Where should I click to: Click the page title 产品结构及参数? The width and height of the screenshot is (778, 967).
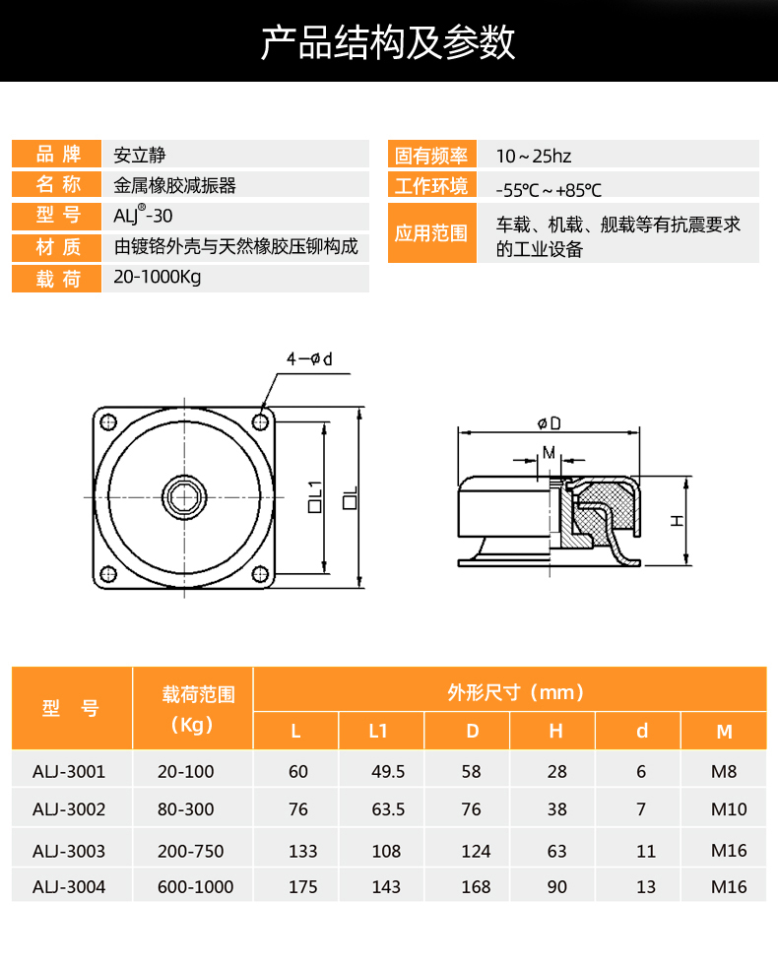(x=388, y=42)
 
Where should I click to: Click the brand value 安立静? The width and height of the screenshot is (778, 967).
(x=140, y=155)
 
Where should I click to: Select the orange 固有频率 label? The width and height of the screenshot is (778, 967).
(x=431, y=156)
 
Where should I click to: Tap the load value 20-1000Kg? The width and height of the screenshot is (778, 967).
(x=158, y=277)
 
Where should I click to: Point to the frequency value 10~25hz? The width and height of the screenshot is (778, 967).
(x=534, y=156)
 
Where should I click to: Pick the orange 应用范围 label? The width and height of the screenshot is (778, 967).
(x=431, y=233)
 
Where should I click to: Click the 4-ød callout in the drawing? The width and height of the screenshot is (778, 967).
(x=309, y=358)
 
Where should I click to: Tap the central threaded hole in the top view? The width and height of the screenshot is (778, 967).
(x=184, y=497)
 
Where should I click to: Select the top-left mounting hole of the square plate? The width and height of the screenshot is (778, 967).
(x=108, y=422)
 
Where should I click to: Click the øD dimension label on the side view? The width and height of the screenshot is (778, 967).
(x=550, y=423)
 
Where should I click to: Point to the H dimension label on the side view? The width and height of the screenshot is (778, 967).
(x=677, y=521)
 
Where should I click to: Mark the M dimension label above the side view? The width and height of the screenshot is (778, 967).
(x=549, y=453)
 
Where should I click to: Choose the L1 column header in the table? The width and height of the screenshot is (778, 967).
(x=377, y=731)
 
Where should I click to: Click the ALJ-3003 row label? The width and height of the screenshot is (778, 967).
(x=69, y=851)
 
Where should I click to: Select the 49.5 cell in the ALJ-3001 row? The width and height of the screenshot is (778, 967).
(x=388, y=771)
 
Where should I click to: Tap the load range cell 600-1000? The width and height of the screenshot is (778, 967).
(x=196, y=887)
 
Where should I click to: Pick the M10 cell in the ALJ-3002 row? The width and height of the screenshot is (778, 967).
(x=729, y=809)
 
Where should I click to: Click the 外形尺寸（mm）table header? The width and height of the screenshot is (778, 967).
(x=516, y=692)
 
